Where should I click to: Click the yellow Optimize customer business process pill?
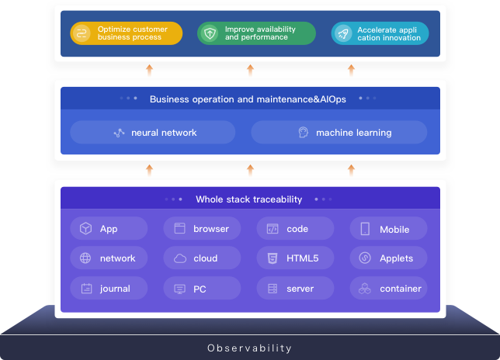point(127,33)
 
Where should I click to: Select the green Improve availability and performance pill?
point(256,33)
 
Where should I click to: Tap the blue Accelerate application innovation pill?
point(380,33)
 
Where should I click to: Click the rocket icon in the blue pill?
point(342,33)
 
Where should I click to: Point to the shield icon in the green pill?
point(209,33)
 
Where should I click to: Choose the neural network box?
point(153,133)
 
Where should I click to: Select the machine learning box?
point(339,133)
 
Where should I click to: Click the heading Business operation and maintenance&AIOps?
point(248,99)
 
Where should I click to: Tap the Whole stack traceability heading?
point(248,199)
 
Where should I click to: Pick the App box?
point(109,229)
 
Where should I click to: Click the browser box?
point(202,229)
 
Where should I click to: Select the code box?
point(295,229)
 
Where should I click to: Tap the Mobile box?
point(388,229)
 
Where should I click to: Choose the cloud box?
point(202,258)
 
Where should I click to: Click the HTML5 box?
point(295,258)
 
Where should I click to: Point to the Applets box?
point(388,258)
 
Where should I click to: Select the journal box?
point(109,289)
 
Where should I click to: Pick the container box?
point(388,289)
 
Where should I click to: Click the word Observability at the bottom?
point(250,348)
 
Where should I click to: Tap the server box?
point(295,289)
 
